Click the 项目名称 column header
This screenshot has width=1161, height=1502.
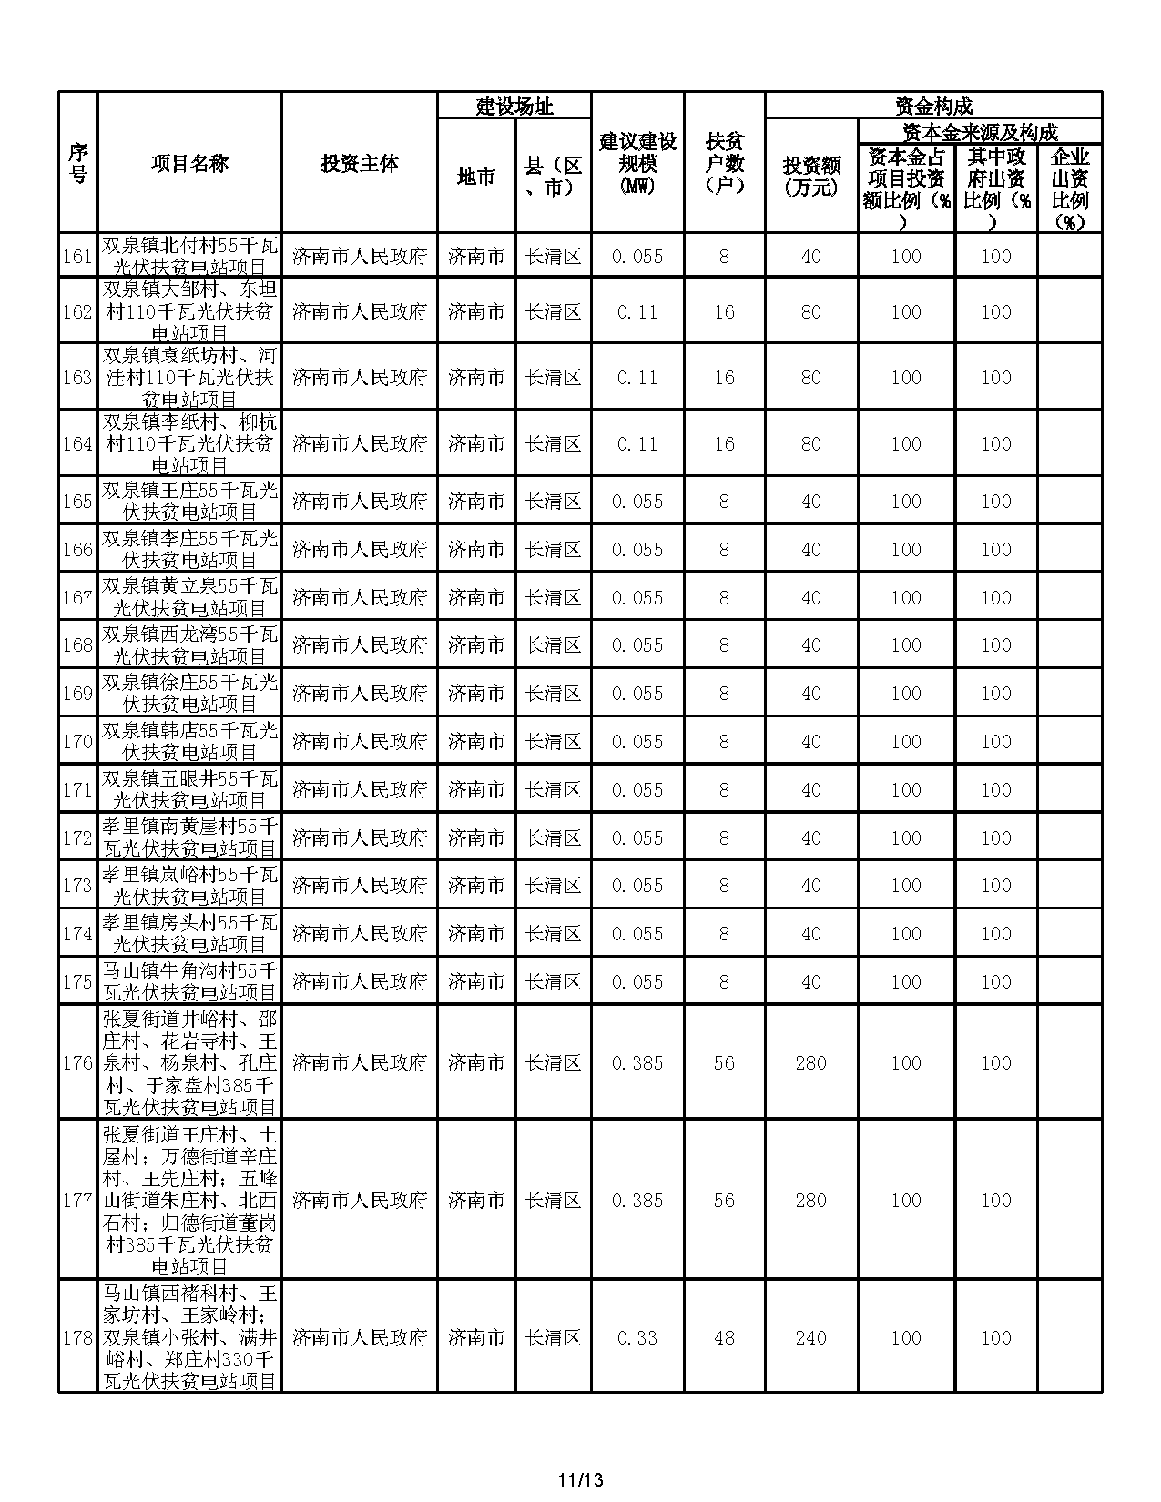point(189,164)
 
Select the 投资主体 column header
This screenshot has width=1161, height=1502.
point(360,164)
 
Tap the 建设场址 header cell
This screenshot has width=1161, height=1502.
point(514,107)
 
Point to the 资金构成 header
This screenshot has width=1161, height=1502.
point(933,106)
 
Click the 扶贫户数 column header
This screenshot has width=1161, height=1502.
point(725,164)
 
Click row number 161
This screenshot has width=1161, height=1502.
point(77,257)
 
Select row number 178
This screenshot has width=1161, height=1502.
point(77,1337)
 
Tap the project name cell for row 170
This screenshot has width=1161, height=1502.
point(189,742)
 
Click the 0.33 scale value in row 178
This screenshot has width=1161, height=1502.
point(637,1337)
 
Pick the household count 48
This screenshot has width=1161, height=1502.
point(724,1337)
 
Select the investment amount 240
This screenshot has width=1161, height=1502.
point(811,1337)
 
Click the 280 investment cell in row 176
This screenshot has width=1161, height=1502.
point(811,1062)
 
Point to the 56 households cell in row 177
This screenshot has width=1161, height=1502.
point(724,1200)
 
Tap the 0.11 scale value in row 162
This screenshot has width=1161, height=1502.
point(637,312)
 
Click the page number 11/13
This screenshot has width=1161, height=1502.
point(581,1479)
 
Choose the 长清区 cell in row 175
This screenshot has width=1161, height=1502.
point(553,981)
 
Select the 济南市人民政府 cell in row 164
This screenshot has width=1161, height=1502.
point(360,444)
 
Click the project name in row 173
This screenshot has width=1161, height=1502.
point(189,886)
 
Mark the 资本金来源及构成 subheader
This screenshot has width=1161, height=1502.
point(980,132)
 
